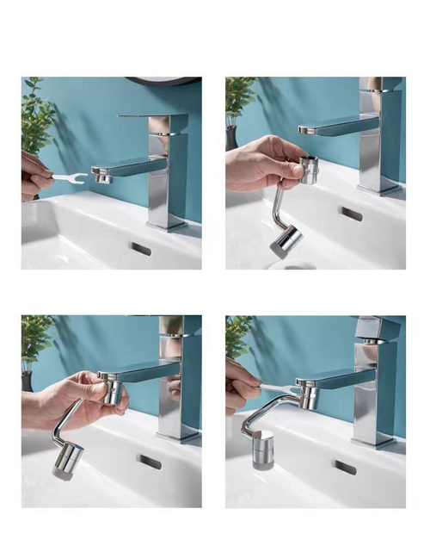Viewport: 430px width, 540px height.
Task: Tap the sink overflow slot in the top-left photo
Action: pos(140,249)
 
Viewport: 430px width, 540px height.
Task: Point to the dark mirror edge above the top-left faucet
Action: pos(163,81)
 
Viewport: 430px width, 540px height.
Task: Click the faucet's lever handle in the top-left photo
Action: pos(153,115)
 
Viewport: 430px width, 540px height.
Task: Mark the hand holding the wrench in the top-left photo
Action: pos(35,176)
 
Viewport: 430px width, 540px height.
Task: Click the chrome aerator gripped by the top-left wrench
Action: pos(101,176)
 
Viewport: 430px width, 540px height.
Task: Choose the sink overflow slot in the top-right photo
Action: pos(351,214)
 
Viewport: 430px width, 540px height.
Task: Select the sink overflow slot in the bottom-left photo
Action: pos(150,462)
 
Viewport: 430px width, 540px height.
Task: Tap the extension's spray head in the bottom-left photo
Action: pos(67,460)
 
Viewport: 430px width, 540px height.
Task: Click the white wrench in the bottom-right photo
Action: pos(271,389)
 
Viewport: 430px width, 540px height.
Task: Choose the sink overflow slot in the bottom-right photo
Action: pos(345,467)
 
